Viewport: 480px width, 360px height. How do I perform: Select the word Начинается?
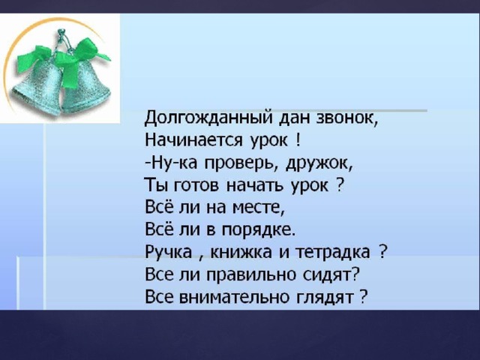coord(194,140)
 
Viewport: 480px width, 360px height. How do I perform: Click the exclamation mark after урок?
coord(298,139)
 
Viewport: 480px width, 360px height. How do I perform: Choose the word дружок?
coord(317,163)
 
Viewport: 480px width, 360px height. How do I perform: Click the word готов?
coord(196,185)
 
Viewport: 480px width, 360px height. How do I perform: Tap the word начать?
coord(256,185)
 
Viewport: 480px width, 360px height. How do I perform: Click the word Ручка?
coord(168,253)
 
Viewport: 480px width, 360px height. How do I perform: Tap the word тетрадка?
coord(333,253)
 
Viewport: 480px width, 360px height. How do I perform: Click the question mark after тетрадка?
coord(382,252)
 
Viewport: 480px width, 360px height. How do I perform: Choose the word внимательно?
coord(233,297)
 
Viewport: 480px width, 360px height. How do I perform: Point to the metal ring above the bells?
coord(62,31)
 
